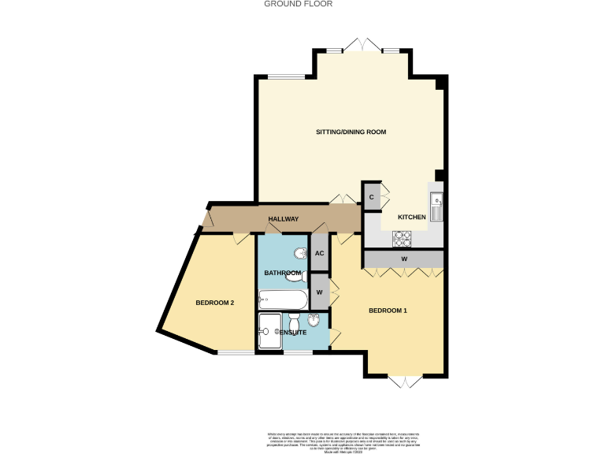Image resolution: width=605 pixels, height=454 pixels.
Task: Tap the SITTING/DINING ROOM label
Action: [x=351, y=132]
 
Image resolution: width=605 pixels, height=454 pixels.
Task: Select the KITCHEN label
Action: [x=411, y=217]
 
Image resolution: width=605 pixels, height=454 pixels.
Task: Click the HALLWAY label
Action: [x=283, y=218]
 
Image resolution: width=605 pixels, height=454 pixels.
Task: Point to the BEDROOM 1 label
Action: [x=388, y=311]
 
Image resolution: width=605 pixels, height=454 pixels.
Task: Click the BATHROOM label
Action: [x=282, y=273]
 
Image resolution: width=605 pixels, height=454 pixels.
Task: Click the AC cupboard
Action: [x=320, y=253]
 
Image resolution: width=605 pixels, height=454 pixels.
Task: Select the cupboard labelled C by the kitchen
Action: [x=371, y=195]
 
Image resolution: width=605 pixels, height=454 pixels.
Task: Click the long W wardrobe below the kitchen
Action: [x=403, y=259]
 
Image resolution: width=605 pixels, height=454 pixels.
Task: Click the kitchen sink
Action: [x=436, y=203]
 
